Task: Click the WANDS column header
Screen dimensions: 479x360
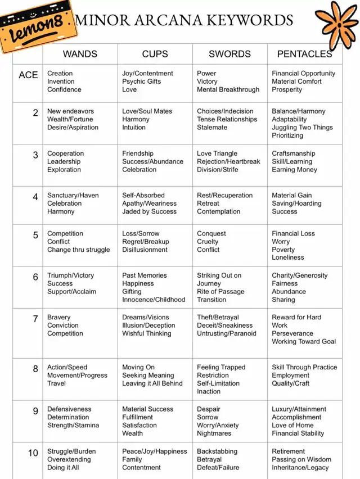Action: [80, 54]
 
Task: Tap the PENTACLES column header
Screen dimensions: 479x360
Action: [304, 54]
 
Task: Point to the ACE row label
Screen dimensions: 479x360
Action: [28, 75]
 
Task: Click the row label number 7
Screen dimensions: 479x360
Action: [35, 319]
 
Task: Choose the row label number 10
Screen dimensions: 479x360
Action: [33, 453]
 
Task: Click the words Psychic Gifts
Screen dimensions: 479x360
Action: [141, 82]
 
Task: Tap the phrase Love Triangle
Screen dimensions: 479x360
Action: [217, 153]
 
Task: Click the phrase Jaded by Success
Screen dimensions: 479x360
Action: [149, 212]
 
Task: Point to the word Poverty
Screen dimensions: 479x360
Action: [283, 250]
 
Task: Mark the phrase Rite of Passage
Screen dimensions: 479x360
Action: [220, 292]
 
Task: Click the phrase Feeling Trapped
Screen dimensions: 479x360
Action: [221, 367]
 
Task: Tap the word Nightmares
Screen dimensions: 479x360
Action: [214, 433]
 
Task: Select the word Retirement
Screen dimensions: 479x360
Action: [288, 451]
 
